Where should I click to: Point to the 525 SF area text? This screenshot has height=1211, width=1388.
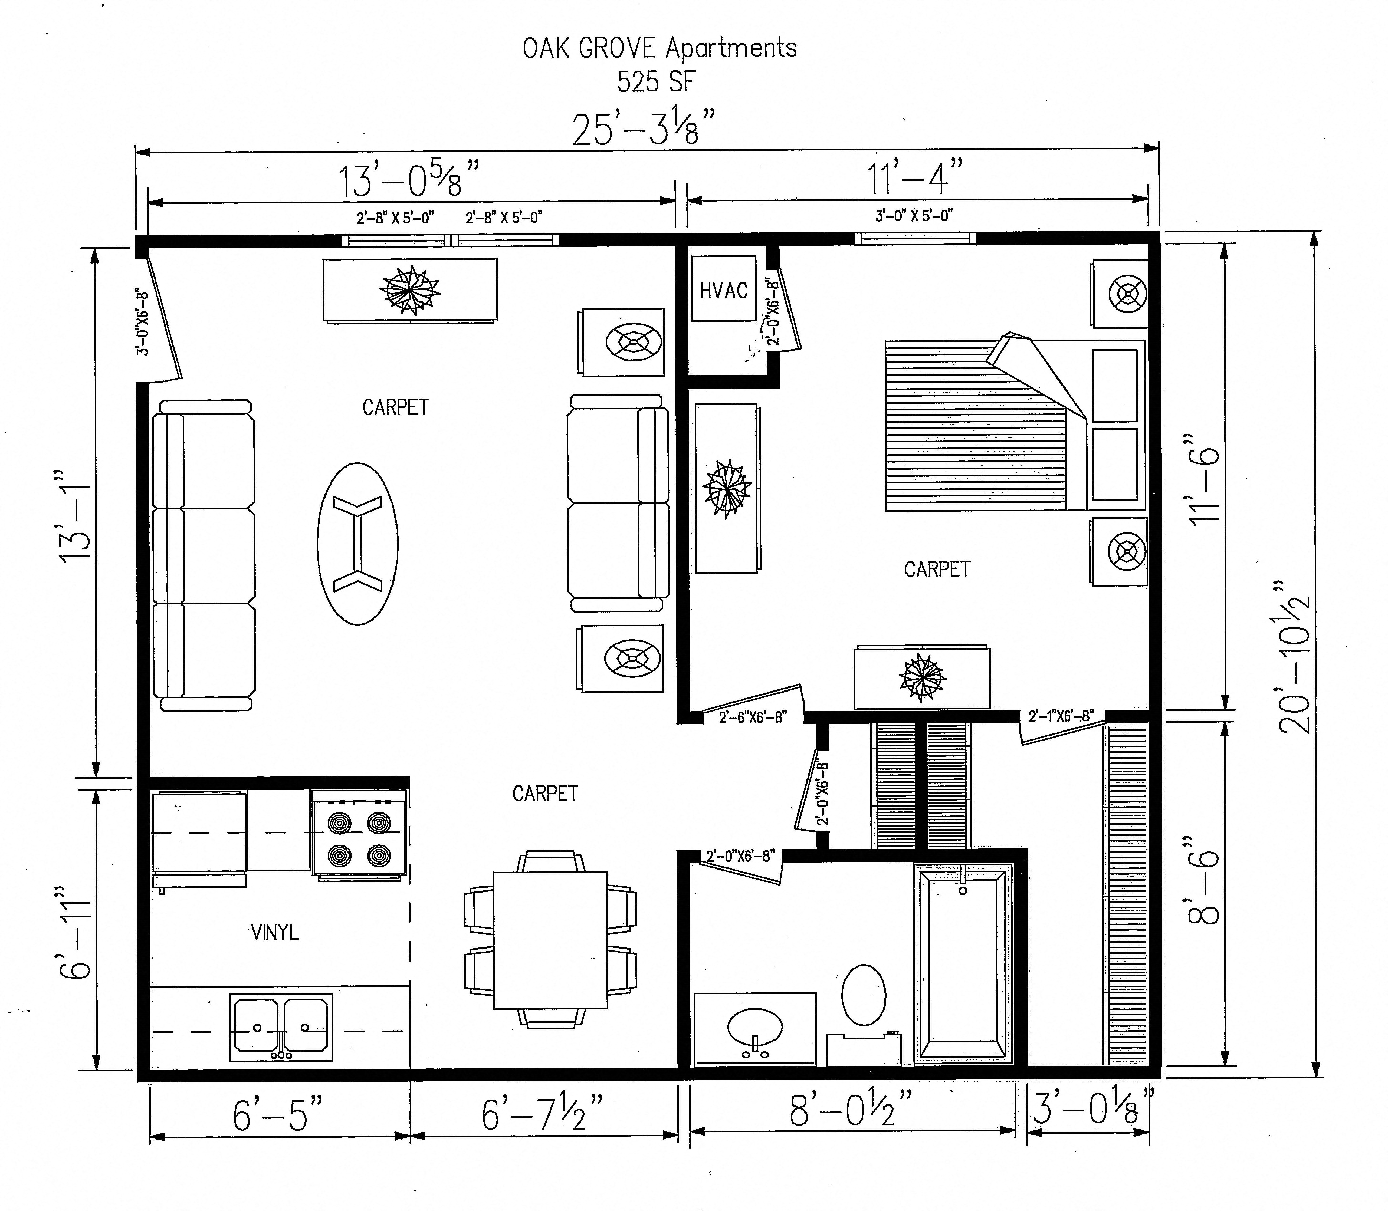pos(655,82)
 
